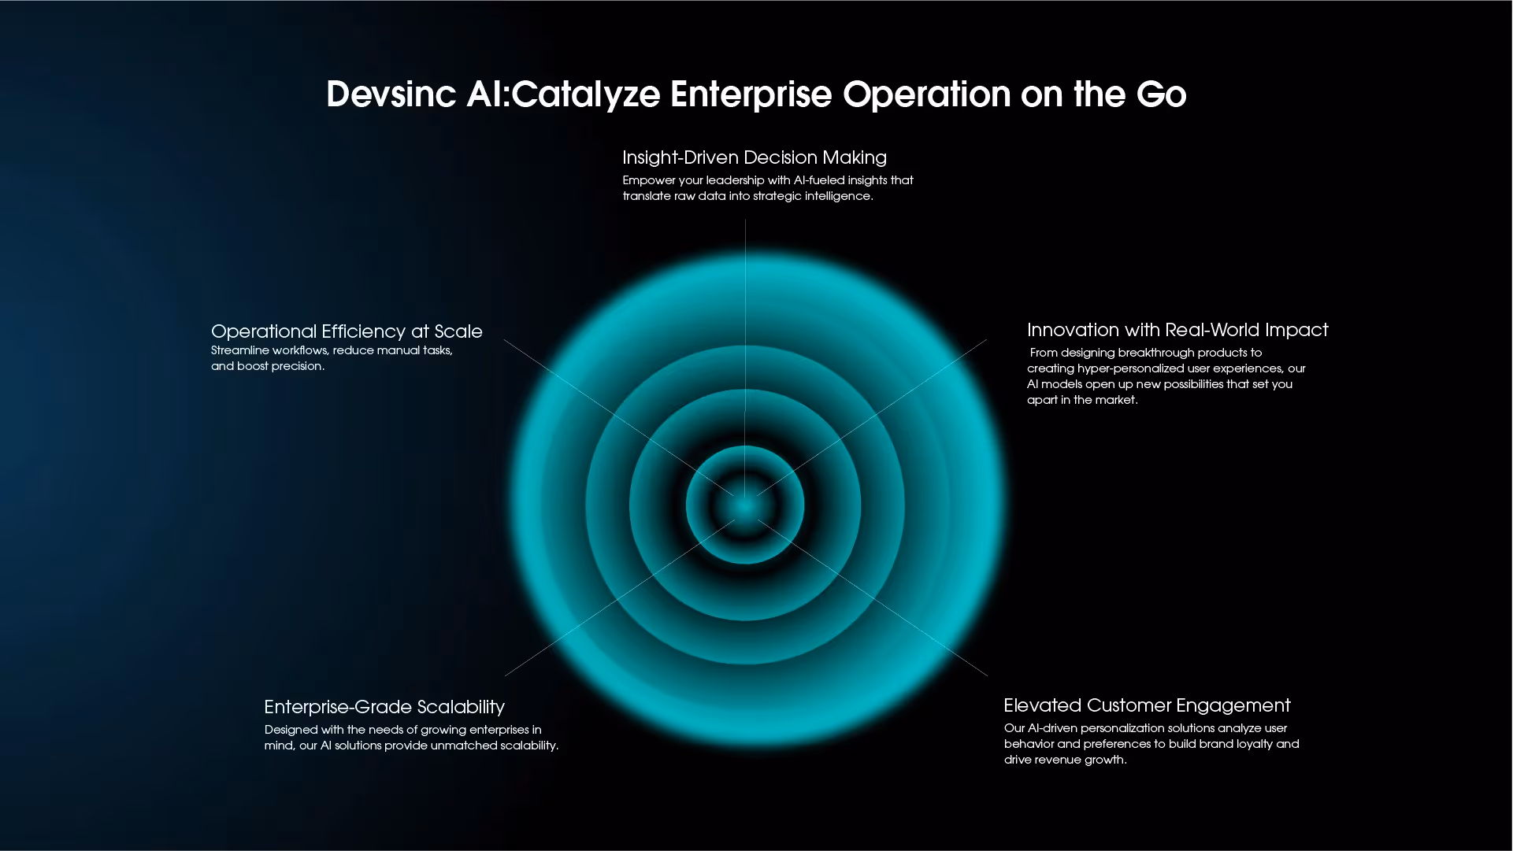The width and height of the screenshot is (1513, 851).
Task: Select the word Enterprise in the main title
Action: click(x=751, y=94)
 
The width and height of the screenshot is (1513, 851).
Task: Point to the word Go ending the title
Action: click(x=1161, y=94)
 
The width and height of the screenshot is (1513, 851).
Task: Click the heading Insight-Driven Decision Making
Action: click(x=754, y=157)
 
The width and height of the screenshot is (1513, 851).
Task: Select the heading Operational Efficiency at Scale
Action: click(x=347, y=331)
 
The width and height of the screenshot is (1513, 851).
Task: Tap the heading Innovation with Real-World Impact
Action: click(x=1177, y=330)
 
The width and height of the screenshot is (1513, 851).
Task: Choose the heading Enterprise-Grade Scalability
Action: click(x=384, y=707)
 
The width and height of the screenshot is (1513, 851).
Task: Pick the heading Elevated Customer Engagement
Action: click(x=1147, y=705)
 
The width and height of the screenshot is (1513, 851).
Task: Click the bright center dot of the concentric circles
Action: click(x=745, y=506)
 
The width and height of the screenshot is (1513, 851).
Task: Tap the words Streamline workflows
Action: click(x=269, y=350)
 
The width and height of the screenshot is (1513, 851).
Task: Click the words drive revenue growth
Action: click(x=1064, y=760)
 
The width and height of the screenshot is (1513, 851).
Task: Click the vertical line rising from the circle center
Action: click(x=745, y=315)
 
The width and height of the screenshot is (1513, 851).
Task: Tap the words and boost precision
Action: click(x=267, y=366)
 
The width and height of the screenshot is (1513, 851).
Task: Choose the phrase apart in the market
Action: click(x=1081, y=400)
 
